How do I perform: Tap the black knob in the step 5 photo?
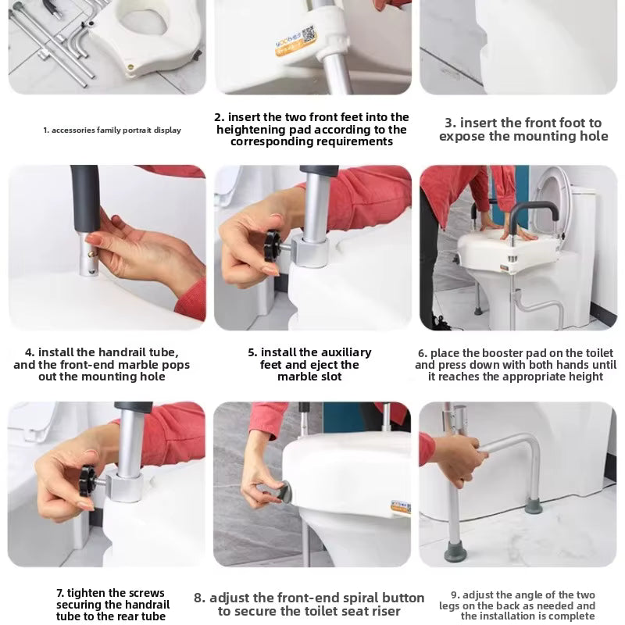pyautogui.click(x=273, y=245)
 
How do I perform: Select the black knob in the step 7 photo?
pyautogui.click(x=87, y=480)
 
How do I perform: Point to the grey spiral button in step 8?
pyautogui.click(x=283, y=492)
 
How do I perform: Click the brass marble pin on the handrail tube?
pyautogui.click(x=91, y=253)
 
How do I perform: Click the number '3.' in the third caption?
pyautogui.click(x=451, y=123)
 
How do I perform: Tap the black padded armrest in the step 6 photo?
pyautogui.click(x=533, y=210)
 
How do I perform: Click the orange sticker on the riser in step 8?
pyautogui.click(x=400, y=507)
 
